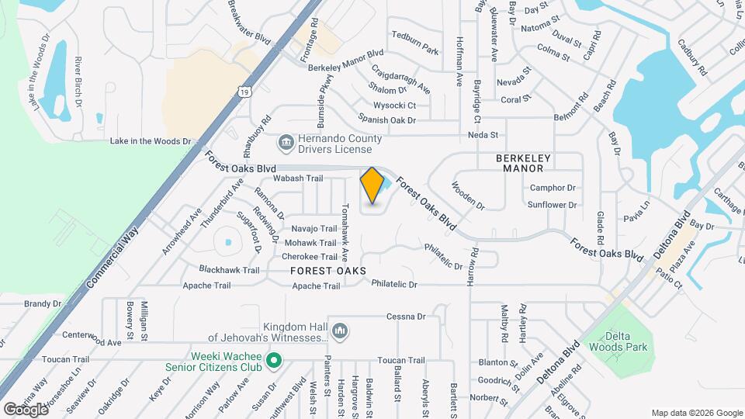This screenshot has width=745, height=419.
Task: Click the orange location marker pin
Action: (372, 185)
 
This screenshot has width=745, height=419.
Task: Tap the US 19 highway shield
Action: (244, 92)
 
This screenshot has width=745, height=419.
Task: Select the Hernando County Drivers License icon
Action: (285, 144)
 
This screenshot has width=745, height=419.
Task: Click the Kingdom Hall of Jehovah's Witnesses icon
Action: (339, 332)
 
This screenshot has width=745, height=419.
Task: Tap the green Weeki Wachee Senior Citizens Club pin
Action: (273, 360)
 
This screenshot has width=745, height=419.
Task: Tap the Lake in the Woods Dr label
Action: (150, 141)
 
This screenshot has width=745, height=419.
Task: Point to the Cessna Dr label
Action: (406, 317)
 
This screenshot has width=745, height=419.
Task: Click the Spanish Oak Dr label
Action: (387, 120)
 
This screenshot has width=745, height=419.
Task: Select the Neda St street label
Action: (482, 135)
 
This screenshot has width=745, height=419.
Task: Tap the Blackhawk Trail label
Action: (229, 270)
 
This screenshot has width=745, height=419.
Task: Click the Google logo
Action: (26, 409)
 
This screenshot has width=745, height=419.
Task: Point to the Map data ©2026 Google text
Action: (696, 413)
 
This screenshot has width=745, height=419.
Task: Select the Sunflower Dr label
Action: (552, 206)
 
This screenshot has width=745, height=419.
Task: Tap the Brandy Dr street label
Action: (42, 304)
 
